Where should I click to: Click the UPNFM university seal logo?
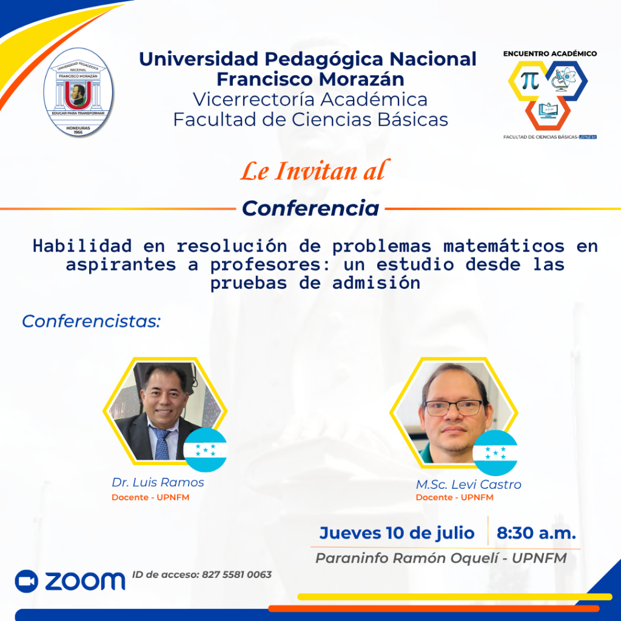point(78,92)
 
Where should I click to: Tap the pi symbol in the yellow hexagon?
point(530,81)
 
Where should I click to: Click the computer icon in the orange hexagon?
point(548,111)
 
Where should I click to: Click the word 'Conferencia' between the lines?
point(310,209)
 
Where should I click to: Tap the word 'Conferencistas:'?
point(91,321)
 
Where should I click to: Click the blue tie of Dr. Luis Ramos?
point(161,442)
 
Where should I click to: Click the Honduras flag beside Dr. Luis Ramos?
point(205,450)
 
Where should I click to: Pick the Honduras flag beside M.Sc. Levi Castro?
point(495,453)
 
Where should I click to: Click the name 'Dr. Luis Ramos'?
point(158,482)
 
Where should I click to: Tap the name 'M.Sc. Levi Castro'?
point(469,485)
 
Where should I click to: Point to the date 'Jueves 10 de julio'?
point(397,533)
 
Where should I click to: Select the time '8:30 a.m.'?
point(536,533)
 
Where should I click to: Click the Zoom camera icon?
point(27,582)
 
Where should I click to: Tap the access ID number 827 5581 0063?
point(237,575)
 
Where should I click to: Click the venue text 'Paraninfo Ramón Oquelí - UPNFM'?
point(441,558)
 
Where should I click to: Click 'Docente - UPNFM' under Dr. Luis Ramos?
point(150,497)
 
